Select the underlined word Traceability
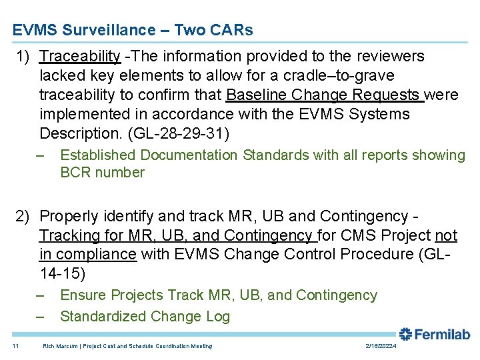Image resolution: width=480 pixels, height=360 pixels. pyautogui.click(x=80, y=56)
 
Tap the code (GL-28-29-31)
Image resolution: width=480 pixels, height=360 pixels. pyautogui.click(x=179, y=133)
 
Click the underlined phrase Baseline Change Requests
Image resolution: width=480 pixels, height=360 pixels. pyautogui.click(x=325, y=95)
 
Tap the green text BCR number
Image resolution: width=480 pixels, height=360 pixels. pyautogui.click(x=102, y=173)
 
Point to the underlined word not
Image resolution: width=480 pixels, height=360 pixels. pyautogui.click(x=445, y=235)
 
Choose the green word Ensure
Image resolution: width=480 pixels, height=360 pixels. pyautogui.click(x=81, y=295)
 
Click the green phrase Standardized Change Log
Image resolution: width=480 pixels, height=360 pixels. pyautogui.click(x=145, y=317)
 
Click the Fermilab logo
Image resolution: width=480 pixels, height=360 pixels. pyautogui.click(x=435, y=334)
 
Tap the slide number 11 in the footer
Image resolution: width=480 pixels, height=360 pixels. pyautogui.click(x=15, y=346)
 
